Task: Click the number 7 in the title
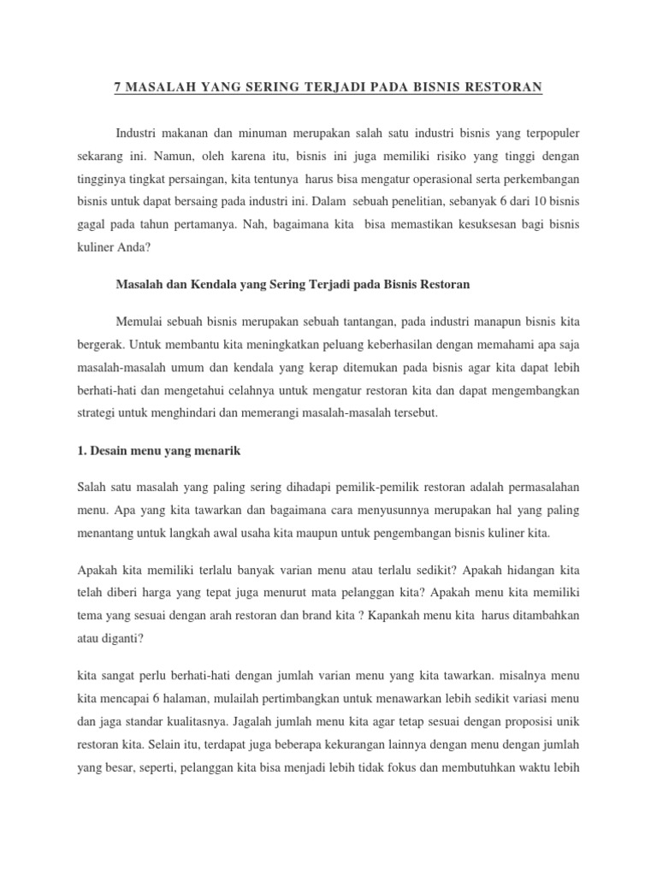click(118, 87)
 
